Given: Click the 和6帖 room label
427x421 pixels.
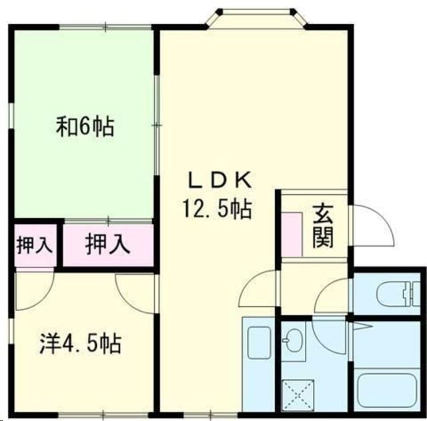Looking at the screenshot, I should click(x=85, y=126).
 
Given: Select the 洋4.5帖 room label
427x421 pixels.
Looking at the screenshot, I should click(x=78, y=344).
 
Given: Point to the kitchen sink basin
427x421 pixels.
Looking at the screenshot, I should click(x=257, y=344).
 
